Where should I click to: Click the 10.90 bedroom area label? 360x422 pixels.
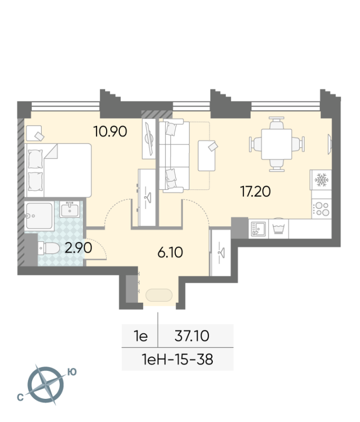tap(110, 131)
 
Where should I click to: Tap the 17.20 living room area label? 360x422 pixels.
tap(255, 191)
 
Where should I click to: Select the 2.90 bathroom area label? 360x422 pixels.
tap(78, 247)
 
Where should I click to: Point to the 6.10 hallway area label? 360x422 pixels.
tap(170, 253)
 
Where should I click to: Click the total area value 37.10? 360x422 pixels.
tap(192, 336)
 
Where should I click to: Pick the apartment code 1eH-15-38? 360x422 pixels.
tap(177, 359)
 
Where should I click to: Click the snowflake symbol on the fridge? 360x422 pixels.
tap(321, 180)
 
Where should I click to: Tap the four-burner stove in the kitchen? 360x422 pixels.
tap(321, 208)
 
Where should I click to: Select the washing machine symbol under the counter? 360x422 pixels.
tap(279, 229)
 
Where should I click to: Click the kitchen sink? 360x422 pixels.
tap(258, 229)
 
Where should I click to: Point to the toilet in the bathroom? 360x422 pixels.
tap(49, 248)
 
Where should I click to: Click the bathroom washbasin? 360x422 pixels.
tap(70, 209)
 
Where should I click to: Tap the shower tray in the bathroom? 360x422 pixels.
tap(39, 216)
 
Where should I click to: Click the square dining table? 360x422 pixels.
tap(277, 144)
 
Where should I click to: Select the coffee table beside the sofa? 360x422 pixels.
tap(206, 156)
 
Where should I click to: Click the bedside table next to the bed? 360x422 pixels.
tap(34, 133)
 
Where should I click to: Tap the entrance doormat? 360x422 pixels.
tap(159, 295)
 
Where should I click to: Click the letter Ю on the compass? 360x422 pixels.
tap(72, 372)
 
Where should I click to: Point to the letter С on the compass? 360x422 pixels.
tap(20, 397)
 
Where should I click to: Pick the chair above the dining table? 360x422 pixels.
tap(277, 123)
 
